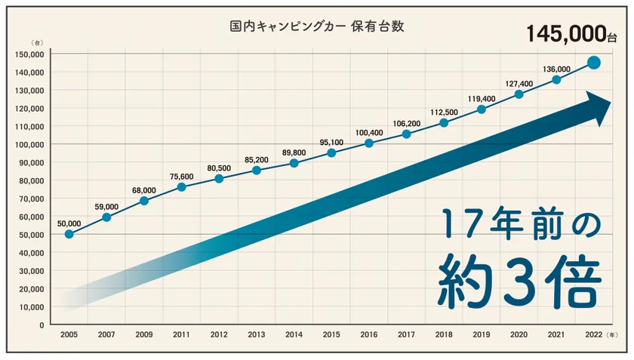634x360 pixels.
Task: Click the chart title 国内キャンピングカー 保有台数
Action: (x=317, y=26)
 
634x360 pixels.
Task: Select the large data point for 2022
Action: (x=594, y=63)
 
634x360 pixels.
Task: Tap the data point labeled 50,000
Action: (x=69, y=234)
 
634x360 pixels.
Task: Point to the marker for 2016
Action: (x=369, y=143)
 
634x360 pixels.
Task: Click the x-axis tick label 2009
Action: (x=144, y=334)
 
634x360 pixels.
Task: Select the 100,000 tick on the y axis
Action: (x=29, y=144)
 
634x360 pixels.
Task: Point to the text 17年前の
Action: (x=520, y=224)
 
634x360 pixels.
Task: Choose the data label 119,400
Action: (x=482, y=98)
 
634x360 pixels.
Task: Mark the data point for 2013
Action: (x=257, y=170)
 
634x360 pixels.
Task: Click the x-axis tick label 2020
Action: (x=519, y=334)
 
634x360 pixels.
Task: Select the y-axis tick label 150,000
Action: (x=29, y=54)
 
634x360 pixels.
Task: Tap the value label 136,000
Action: (x=556, y=69)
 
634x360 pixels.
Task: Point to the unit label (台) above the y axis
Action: (x=35, y=43)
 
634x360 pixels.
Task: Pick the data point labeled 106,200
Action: (x=407, y=134)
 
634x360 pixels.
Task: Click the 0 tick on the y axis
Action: (x=42, y=325)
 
